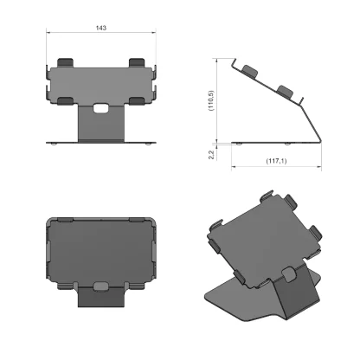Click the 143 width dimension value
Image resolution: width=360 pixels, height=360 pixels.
coord(101,29)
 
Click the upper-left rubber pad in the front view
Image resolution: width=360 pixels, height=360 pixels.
coord(66,63)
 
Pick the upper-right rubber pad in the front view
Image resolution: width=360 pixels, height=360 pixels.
coord(137,63)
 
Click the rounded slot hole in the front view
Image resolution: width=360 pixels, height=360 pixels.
coord(101,109)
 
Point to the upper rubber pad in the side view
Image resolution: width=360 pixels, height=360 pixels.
coord(249,68)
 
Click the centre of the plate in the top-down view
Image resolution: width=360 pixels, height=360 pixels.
coord(101,251)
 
